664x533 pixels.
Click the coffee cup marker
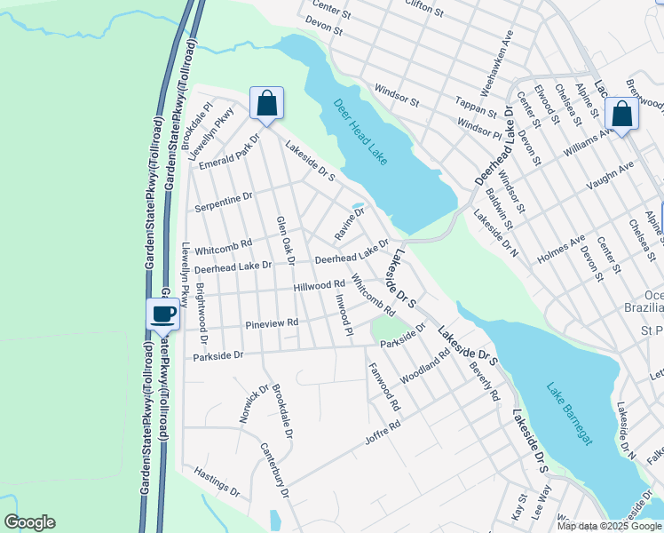pyautogui.click(x=163, y=314)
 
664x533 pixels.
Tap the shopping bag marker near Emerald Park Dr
pyautogui.click(x=266, y=104)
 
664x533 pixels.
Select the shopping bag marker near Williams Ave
pyautogui.click(x=622, y=115)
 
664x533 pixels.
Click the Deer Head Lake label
pyautogui.click(x=361, y=131)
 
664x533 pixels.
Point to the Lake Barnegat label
pyautogui.click(x=569, y=413)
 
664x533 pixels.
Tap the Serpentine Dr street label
pyautogui.click(x=225, y=199)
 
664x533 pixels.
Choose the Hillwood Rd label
pyautogui.click(x=320, y=285)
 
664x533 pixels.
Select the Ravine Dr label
pyautogui.click(x=349, y=224)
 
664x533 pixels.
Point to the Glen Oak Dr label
pyautogui.click(x=285, y=240)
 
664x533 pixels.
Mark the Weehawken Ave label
pyautogui.click(x=496, y=63)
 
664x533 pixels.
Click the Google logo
pyautogui.click(x=29, y=522)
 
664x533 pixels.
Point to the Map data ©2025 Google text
pyautogui.click(x=608, y=526)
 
